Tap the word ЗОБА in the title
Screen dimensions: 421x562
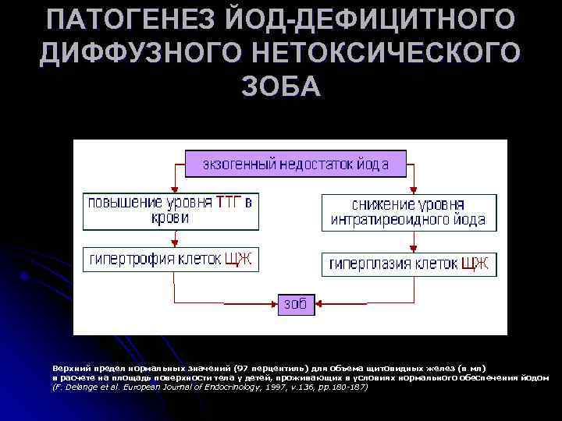280,87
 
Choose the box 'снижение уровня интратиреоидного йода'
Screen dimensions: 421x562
408,212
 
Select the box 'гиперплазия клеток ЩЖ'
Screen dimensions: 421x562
408,264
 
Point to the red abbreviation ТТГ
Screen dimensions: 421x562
229,203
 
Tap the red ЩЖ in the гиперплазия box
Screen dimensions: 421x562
474,264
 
